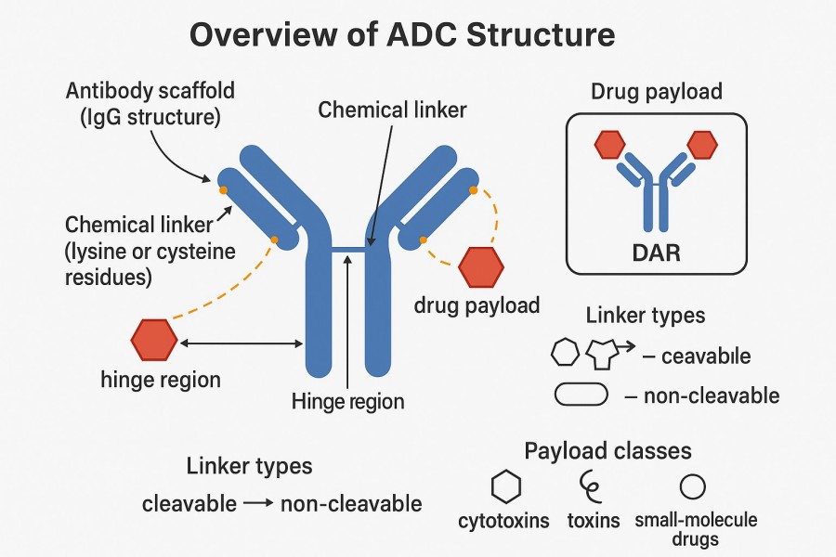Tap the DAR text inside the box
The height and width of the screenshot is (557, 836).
pos(655,252)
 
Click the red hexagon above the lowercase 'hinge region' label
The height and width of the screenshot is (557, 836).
pos(153,340)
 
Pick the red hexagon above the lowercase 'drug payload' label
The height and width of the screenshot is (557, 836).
pos(481,266)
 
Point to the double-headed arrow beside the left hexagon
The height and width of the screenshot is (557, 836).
pos(241,343)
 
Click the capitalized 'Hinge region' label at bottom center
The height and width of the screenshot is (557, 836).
pos(347,402)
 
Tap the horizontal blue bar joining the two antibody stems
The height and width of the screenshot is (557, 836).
pos(347,249)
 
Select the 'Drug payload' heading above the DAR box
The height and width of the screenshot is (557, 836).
pos(656,93)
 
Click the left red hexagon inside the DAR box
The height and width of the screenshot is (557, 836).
pos(608,144)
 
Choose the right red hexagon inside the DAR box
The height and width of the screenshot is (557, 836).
pos(702,144)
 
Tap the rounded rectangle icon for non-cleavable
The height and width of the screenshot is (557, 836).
pos(581,395)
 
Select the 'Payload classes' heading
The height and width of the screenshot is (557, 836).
pos(607,451)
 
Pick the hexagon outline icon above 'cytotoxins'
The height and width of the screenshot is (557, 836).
pos(505,486)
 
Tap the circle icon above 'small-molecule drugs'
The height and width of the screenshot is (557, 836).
pos(691,486)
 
